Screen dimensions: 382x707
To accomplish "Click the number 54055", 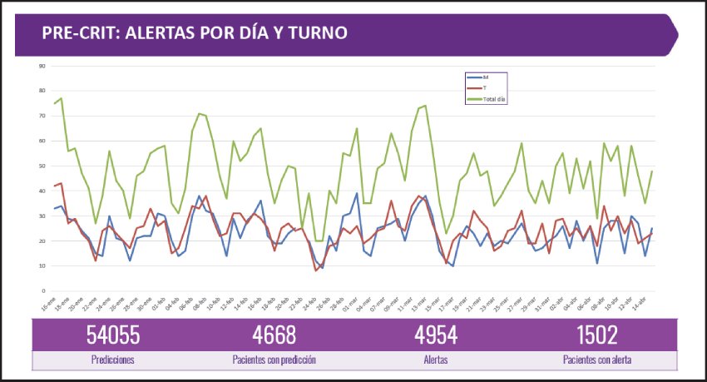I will pyautogui.click(x=114, y=335).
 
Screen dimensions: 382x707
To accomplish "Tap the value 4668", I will pyautogui.click(x=274, y=335).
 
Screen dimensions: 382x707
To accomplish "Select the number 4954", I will pyautogui.click(x=436, y=335).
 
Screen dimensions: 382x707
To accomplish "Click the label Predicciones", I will pyautogui.click(x=114, y=360).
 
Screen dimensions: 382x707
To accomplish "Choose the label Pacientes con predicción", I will pyautogui.click(x=274, y=360).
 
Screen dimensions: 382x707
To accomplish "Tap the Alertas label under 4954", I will pyautogui.click(x=436, y=360).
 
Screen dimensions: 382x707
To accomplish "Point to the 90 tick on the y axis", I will pyautogui.click(x=42, y=66).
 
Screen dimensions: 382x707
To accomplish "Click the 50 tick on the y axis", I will pyautogui.click(x=42, y=166).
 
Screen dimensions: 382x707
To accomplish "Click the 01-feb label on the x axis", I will pyautogui.click(x=159, y=305).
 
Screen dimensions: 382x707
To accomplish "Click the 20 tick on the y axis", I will pyautogui.click(x=42, y=241).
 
